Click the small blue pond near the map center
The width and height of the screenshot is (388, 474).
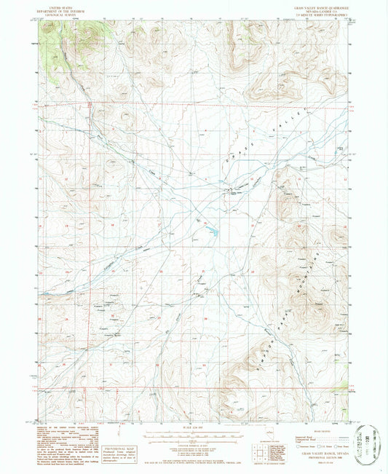point(212,233)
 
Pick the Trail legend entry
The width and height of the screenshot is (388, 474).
point(342,441)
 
